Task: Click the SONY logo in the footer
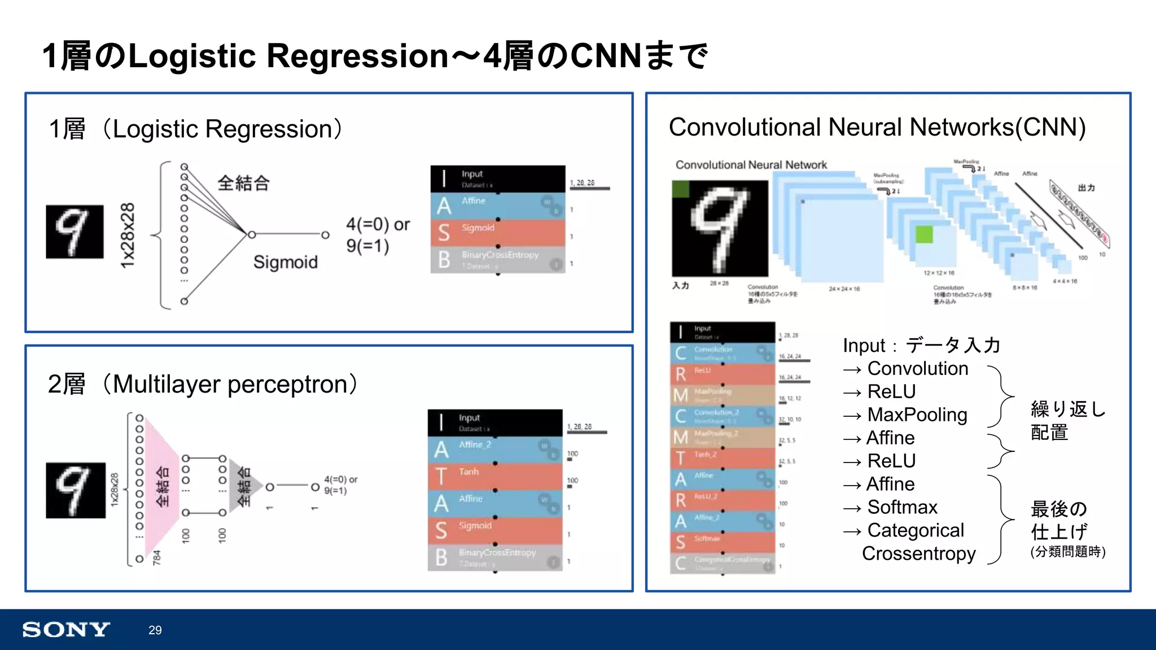pyautogui.click(x=66, y=629)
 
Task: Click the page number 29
pyautogui.click(x=155, y=630)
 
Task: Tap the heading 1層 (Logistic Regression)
pyautogui.click(x=195, y=129)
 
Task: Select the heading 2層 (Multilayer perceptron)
pyautogui.click(x=202, y=384)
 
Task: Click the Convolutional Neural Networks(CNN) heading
pyautogui.click(x=877, y=127)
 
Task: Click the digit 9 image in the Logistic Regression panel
pyautogui.click(x=75, y=232)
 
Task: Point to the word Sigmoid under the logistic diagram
pyautogui.click(x=285, y=262)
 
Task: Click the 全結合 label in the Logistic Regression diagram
pyautogui.click(x=243, y=183)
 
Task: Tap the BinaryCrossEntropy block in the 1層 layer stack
pyautogui.click(x=497, y=260)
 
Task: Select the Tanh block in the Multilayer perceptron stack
pyautogui.click(x=494, y=476)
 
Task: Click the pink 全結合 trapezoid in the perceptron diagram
pyautogui.click(x=161, y=486)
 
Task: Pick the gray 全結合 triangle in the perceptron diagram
pyautogui.click(x=243, y=486)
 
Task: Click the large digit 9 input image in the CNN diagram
pyautogui.click(x=720, y=228)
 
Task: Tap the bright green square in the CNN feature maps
pyautogui.click(x=923, y=234)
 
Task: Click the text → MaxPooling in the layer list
pyautogui.click(x=905, y=415)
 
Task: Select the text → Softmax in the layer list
pyautogui.click(x=890, y=507)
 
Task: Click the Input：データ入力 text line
pyautogui.click(x=921, y=345)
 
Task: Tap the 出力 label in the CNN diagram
pyautogui.click(x=1086, y=187)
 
